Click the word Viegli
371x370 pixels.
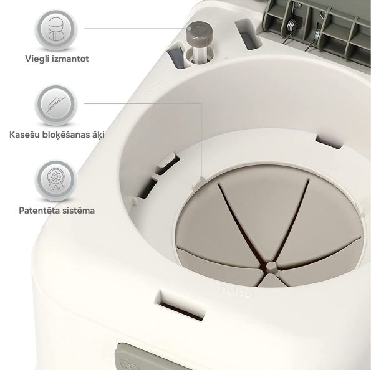coord(37,59)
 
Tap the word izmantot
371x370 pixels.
coord(70,59)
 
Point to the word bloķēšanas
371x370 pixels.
coord(66,135)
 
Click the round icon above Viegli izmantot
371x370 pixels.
coord(56,29)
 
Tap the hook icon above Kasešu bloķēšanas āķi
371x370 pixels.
coord(56,105)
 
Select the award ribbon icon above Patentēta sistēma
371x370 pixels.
coord(56,180)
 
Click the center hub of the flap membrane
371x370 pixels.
coord(271,267)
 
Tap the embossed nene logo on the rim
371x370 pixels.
coord(236,292)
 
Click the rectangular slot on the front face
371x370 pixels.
coord(181,306)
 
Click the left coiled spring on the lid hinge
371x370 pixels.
coord(292,26)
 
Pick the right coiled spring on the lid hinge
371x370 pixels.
coord(317,34)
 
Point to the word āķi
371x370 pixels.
coord(99,135)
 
